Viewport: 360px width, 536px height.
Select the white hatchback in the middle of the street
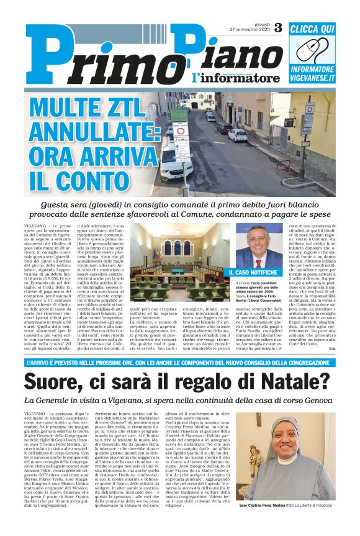point(237,135)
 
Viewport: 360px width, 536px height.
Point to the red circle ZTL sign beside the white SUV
point(181,130)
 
